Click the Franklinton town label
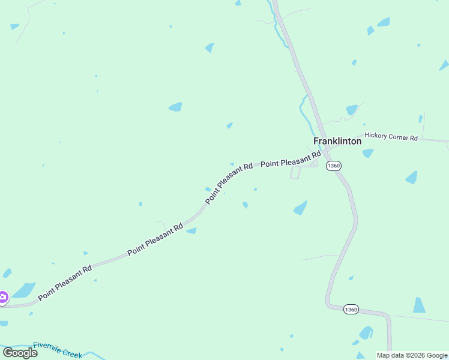tap(337, 141)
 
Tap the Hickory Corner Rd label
tap(391, 137)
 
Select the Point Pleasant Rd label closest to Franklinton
tap(291, 160)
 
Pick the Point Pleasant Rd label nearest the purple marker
tap(65, 283)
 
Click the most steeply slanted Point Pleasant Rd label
tap(229, 182)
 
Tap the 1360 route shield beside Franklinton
tap(334, 166)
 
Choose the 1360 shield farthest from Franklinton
tap(351, 310)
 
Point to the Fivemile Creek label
tap(58, 349)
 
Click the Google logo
tap(20, 352)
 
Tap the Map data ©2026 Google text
tap(412, 355)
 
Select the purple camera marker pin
tap(3, 297)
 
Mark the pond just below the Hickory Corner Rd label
tap(368, 153)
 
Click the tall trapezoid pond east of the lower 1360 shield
tap(420, 305)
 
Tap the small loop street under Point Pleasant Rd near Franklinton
tap(295, 173)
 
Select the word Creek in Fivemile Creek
tap(72, 353)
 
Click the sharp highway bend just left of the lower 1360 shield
tap(328, 305)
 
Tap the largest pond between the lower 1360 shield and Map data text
tap(366, 333)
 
